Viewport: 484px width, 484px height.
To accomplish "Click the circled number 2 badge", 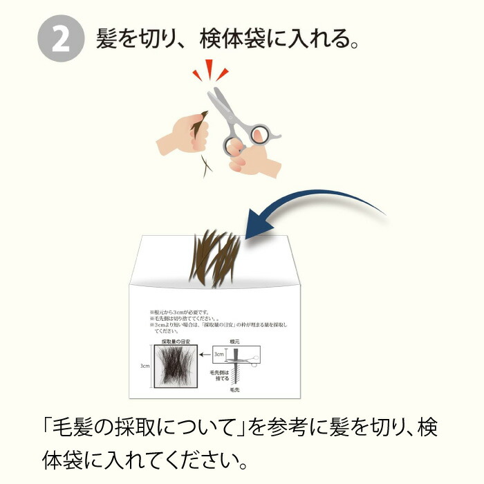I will coord(60,40).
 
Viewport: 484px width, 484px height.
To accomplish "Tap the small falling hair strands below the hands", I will coord(205,165).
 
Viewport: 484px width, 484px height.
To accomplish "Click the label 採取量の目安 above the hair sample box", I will coord(176,341).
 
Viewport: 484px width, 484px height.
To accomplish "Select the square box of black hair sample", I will coord(176,366).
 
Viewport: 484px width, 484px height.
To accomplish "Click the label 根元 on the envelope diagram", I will coord(236,342).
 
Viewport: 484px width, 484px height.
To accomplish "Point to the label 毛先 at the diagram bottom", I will coord(236,391).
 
